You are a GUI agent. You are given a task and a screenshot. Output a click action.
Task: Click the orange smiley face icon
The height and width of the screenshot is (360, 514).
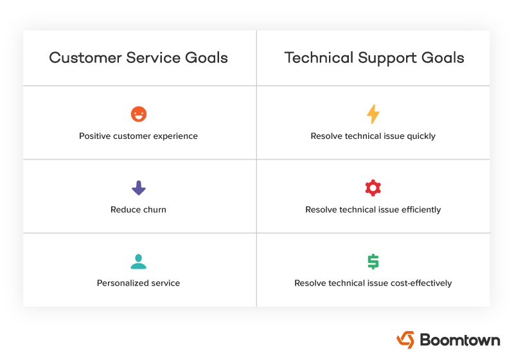coord(138,114)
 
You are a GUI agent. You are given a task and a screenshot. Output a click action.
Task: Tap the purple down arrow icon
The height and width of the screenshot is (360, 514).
coord(138,188)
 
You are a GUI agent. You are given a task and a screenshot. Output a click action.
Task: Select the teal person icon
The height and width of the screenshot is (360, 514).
coord(138,262)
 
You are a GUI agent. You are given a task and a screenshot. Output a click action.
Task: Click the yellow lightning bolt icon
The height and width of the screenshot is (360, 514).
coord(373,114)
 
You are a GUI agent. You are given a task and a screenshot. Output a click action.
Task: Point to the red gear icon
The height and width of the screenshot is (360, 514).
coord(373,188)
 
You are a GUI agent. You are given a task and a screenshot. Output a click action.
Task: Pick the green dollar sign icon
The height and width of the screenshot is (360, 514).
coord(373,262)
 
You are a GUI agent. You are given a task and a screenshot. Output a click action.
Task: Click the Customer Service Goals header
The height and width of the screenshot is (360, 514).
coord(138,58)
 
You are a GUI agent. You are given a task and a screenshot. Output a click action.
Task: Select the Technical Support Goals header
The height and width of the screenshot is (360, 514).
coord(374,58)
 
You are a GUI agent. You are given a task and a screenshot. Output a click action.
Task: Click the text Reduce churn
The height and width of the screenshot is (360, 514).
coord(138,210)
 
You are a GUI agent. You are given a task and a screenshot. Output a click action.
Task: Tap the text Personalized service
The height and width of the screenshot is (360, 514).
coord(138,283)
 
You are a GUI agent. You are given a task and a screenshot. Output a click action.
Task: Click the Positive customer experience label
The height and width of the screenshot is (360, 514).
coord(138,136)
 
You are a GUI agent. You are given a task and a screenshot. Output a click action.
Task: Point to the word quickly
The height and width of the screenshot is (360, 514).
coord(421,136)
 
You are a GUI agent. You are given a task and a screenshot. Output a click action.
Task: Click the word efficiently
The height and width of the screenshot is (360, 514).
coord(420,210)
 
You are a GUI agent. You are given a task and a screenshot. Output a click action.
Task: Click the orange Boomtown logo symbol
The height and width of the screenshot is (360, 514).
coord(405,339)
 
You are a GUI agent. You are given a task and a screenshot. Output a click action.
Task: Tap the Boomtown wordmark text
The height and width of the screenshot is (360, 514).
coord(459,339)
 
